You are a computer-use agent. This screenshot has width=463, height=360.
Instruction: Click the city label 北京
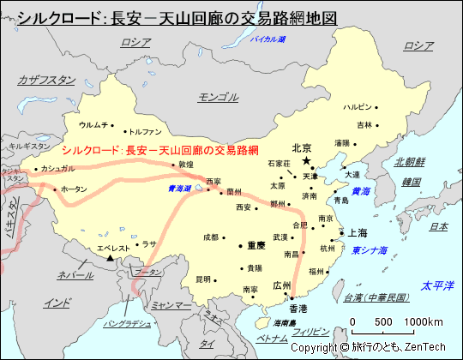300,147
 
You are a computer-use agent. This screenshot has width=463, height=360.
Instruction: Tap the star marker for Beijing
307,159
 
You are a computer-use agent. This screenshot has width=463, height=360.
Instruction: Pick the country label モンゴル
218,96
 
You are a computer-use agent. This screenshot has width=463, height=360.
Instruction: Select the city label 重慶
256,244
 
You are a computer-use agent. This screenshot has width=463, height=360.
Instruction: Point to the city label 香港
298,308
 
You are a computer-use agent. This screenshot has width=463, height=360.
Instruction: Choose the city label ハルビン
358,107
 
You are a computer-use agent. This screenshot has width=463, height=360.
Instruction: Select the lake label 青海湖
180,188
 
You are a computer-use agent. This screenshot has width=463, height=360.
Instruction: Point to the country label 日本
438,226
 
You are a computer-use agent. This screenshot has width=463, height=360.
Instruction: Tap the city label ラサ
150,243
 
